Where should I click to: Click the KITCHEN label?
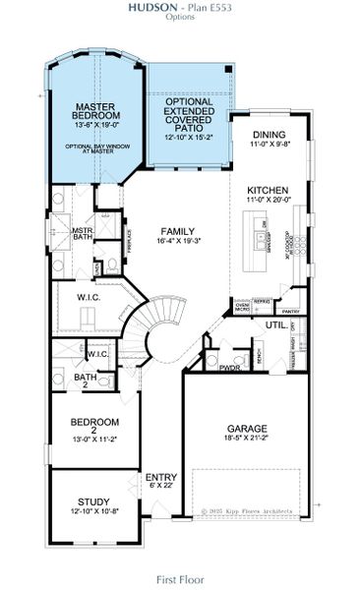pyautogui.click(x=267, y=190)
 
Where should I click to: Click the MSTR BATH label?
pyautogui.click(x=82, y=233)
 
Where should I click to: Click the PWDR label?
pyautogui.click(x=230, y=368)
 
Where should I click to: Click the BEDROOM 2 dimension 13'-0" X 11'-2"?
pyautogui.click(x=94, y=436)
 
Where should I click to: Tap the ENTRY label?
pyautogui.click(x=160, y=477)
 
